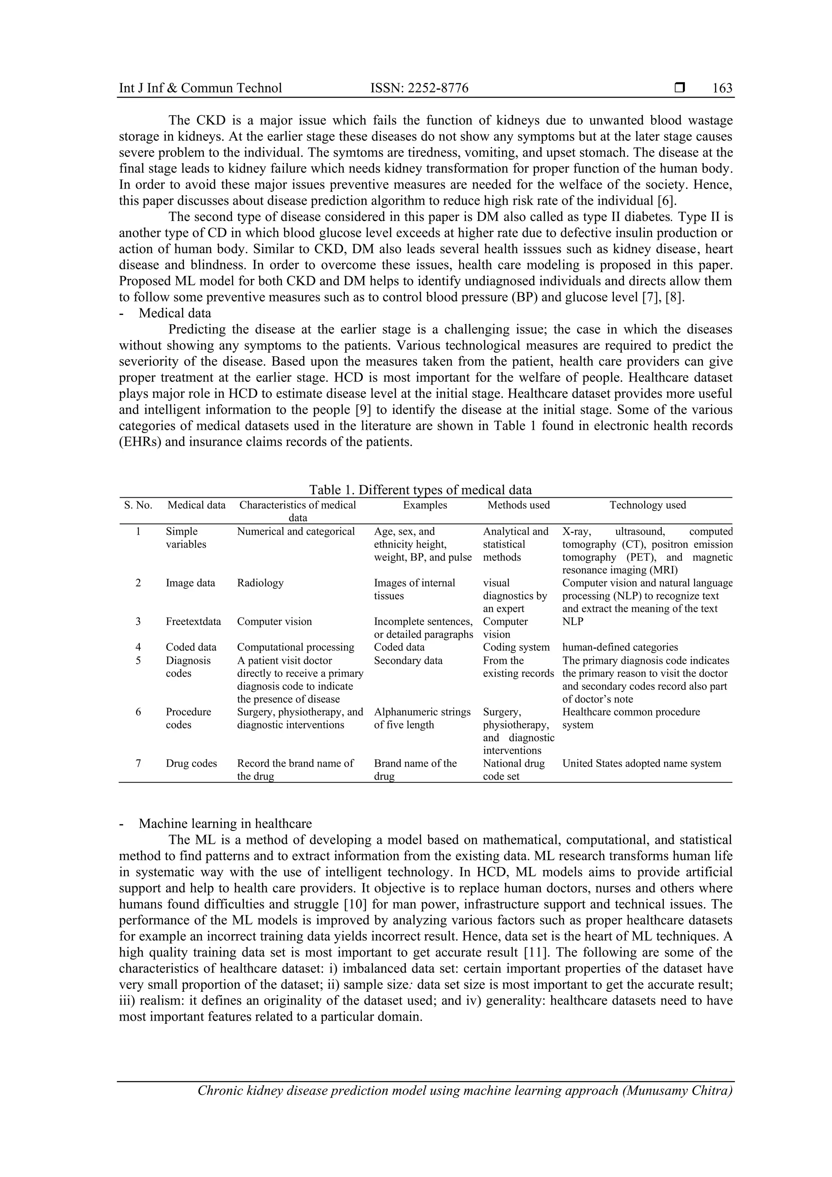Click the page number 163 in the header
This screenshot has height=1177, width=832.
722,88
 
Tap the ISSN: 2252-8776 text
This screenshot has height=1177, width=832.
419,88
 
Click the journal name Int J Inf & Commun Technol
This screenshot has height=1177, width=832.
200,88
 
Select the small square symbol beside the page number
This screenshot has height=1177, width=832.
680,88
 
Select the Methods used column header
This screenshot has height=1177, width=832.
518,505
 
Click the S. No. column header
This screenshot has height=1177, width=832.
139,505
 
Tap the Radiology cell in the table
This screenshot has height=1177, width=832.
260,583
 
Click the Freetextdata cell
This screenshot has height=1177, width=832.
193,621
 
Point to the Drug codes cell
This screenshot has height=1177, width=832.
191,763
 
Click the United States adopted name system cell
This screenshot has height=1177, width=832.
641,763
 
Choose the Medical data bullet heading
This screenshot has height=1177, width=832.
174,313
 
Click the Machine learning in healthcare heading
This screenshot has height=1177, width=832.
225,824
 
